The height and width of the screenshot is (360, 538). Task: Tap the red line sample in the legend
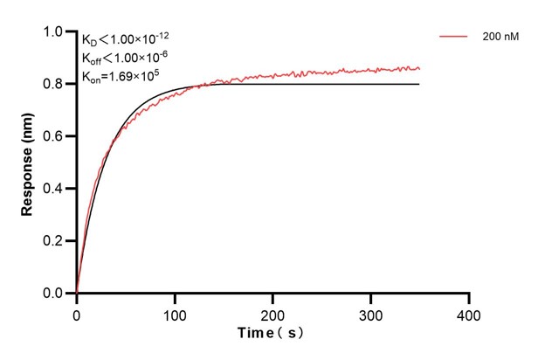[455, 37]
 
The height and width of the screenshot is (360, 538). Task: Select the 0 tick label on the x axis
[77, 312]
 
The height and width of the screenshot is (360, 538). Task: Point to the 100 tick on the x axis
[175, 312]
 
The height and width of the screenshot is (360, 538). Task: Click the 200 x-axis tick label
[273, 312]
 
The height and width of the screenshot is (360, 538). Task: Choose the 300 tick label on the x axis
[371, 312]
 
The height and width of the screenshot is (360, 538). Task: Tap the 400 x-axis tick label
[469, 312]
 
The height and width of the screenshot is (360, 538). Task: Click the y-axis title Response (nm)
[28, 163]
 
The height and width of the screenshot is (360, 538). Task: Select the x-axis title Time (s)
[272, 334]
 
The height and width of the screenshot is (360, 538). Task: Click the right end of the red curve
[419, 68]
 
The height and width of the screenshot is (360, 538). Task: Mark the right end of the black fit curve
[419, 84]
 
